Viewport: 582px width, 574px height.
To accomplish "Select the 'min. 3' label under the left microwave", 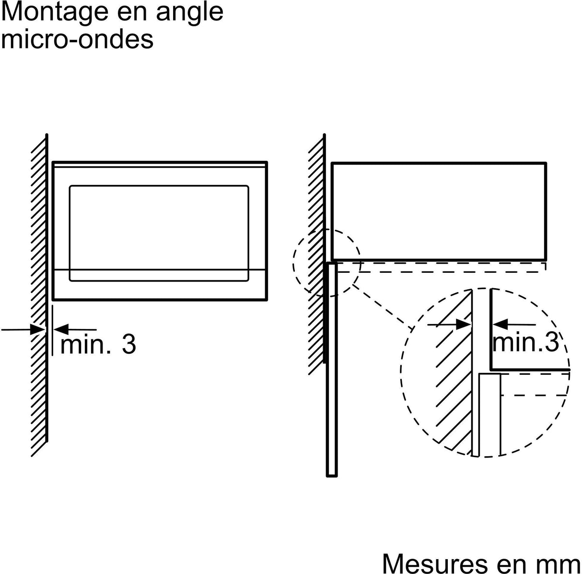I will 98,344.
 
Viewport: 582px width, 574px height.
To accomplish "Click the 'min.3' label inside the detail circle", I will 526,343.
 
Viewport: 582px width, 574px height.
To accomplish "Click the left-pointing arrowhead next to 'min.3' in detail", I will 498,324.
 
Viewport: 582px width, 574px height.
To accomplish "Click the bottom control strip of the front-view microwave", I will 159,285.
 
